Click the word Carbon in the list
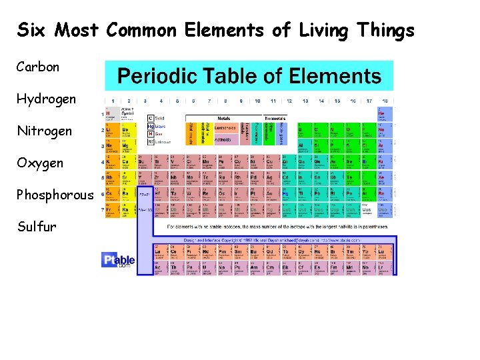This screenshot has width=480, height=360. tap(39, 67)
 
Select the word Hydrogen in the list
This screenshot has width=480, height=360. tap(47, 99)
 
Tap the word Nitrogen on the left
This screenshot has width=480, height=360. tap(45, 131)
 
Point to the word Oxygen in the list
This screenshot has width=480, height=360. tap(41, 163)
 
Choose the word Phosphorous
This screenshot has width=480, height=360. tap(55, 195)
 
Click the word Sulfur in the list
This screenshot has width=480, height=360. tap(37, 227)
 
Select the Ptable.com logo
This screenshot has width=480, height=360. tap(118, 259)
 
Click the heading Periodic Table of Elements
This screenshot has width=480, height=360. tap(250, 75)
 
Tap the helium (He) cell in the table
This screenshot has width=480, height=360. tap(385, 115)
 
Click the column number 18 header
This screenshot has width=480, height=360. tap(385, 101)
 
